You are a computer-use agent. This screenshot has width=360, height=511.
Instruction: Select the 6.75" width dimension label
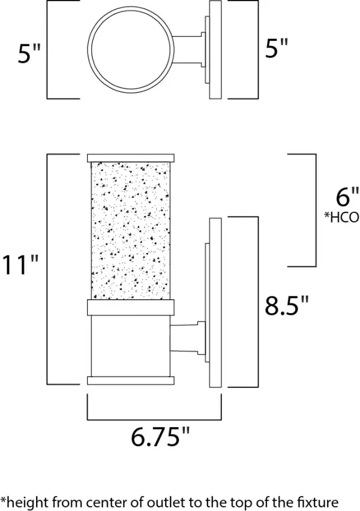coord(155,437)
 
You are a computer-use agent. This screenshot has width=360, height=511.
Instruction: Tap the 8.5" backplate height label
coord(287,306)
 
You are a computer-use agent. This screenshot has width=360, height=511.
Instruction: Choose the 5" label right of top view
coord(277,49)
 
